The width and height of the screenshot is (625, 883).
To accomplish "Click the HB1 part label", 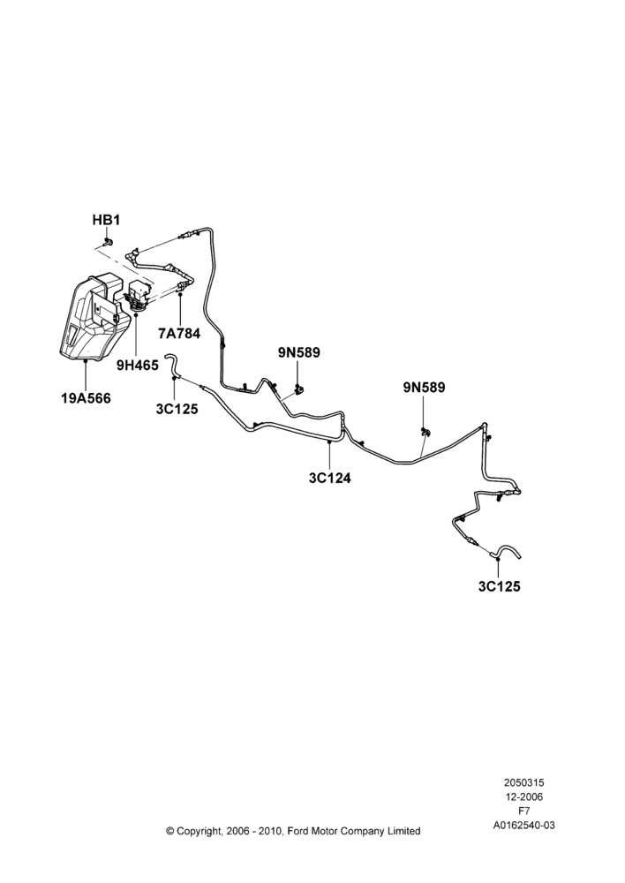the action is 107,220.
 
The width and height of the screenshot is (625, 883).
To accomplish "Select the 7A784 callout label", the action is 179,334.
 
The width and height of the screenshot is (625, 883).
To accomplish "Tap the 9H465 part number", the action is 138,366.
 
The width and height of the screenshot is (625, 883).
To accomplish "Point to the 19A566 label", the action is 87,399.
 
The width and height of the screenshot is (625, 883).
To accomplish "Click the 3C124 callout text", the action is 330,478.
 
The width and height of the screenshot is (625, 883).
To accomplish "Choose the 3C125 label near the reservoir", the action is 177,410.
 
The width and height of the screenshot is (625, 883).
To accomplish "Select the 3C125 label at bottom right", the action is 500,586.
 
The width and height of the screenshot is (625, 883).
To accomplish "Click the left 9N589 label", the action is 299,352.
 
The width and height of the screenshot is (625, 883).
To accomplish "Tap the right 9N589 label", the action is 424,388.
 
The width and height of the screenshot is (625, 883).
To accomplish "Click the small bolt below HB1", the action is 108,242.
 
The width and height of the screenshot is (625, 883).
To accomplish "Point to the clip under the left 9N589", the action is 299,388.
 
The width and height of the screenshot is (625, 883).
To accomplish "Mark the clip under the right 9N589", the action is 425,432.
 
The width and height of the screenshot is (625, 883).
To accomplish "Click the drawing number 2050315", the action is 523,782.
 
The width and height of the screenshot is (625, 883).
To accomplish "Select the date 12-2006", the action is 523,796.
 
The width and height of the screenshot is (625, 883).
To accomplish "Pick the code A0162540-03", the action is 524,826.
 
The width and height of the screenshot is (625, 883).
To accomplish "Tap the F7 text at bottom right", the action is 523,811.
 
